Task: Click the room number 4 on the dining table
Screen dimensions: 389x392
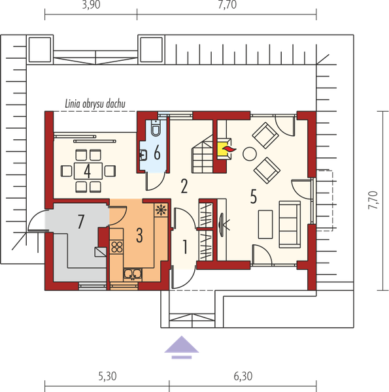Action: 87,171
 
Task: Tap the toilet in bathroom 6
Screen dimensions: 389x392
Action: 156,128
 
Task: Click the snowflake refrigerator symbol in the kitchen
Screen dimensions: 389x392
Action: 161,210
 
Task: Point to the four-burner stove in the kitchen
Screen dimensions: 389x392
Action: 116,247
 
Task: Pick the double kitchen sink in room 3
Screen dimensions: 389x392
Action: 133,274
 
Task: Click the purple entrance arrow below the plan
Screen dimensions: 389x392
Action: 182,348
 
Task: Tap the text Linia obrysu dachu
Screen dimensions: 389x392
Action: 95,104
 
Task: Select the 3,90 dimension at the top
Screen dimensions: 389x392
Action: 92,5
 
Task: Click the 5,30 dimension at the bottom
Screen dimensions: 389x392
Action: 107,376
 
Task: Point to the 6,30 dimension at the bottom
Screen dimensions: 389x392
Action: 243,376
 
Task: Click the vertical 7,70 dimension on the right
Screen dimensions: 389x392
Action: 373,200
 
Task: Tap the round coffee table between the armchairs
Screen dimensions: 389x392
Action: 249,154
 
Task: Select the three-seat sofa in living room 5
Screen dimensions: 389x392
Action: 290,225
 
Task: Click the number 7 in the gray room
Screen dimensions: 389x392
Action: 80,221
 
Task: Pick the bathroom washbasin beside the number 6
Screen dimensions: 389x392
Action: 143,155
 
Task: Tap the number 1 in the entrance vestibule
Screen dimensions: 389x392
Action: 185,247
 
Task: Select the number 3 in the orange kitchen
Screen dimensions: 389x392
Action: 139,235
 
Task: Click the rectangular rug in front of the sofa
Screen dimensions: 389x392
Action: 265,224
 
